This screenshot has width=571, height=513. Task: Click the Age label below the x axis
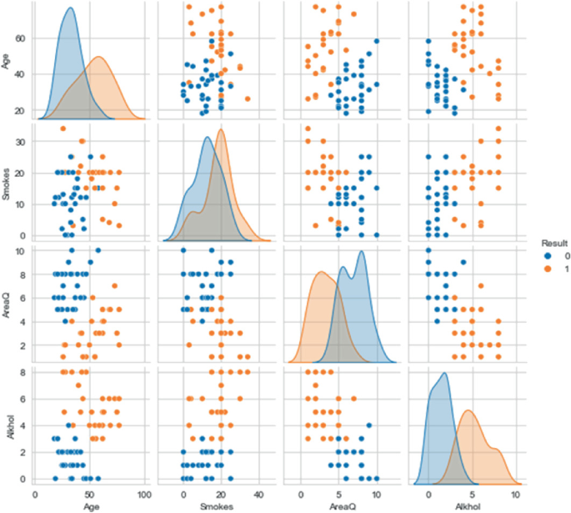pos(90,505)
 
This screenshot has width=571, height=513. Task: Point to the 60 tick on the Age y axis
pos(21,38)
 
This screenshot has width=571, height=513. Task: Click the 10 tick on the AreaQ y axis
pos(21,250)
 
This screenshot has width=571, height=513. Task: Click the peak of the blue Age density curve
pos(70,9)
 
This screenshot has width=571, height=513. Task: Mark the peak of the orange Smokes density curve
pos(221,129)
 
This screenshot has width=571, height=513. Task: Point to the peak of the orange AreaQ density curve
pos(320,272)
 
